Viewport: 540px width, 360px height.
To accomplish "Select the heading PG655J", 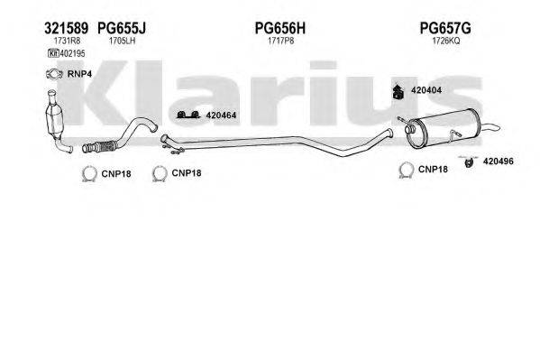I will click(121, 29).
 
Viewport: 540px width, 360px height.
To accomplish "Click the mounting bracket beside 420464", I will click(188, 115).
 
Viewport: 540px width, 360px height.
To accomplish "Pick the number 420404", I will click(426, 91).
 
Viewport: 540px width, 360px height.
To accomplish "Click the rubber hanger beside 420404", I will click(396, 90).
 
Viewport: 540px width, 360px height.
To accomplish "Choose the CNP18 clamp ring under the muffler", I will click(406, 170).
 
